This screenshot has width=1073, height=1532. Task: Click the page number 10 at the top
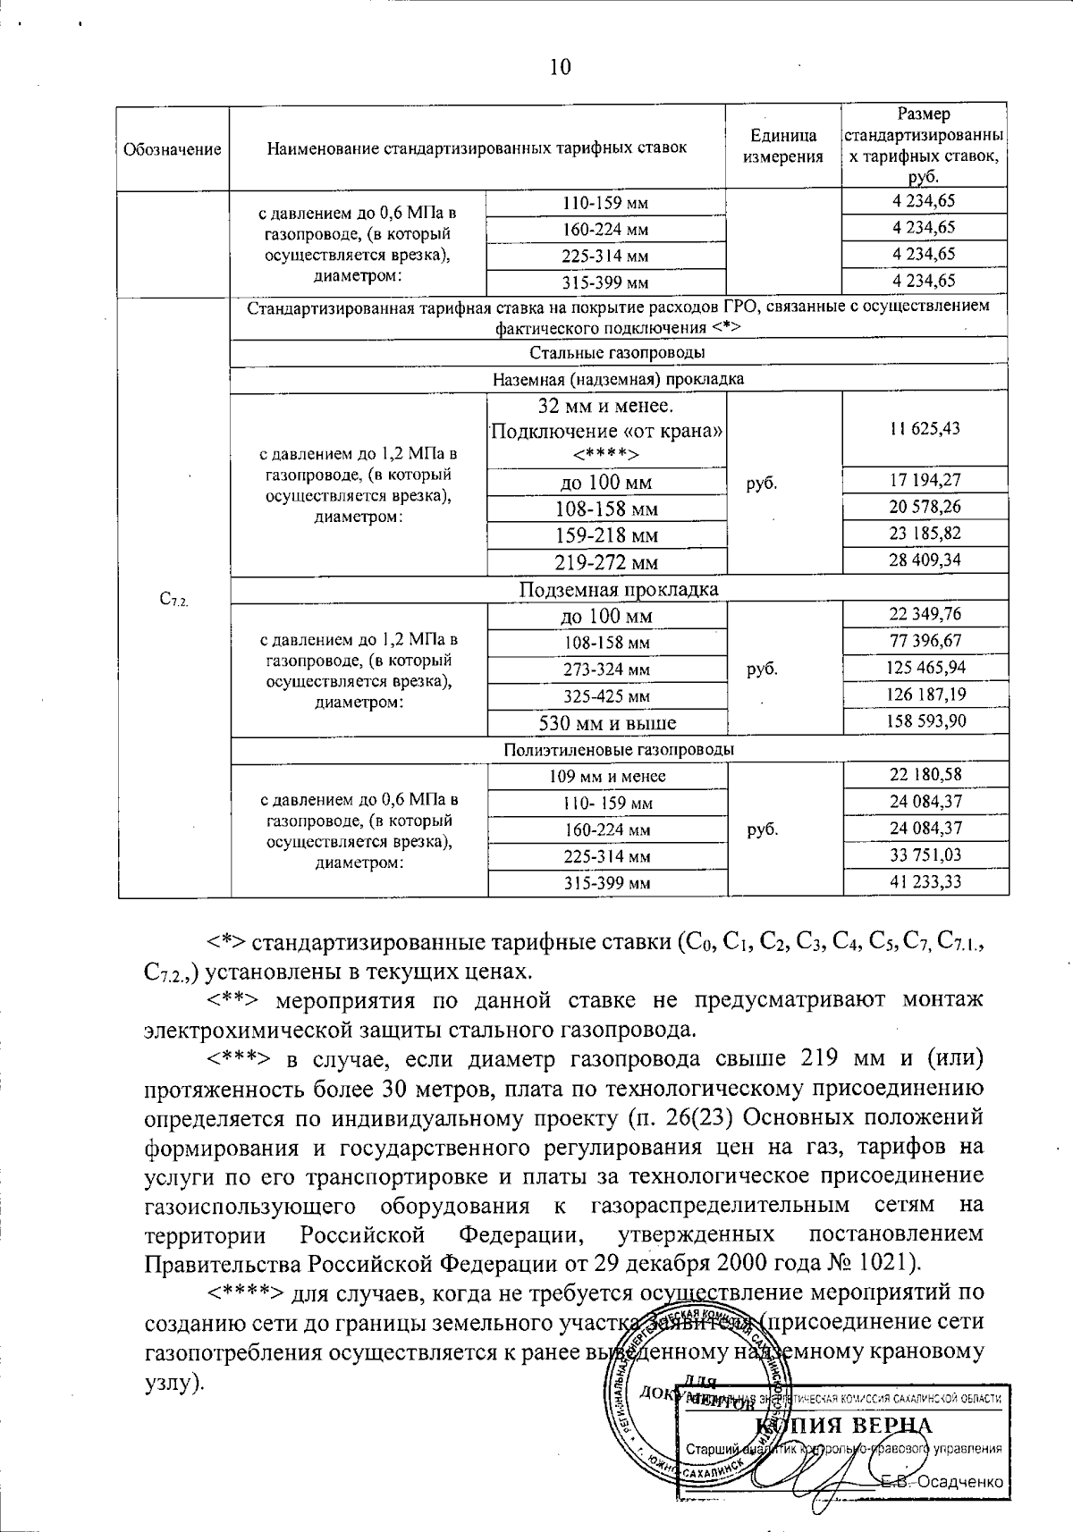(560, 67)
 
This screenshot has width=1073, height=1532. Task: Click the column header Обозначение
(172, 149)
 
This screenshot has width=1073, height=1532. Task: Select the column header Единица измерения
(783, 147)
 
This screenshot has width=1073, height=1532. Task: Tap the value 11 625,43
(925, 428)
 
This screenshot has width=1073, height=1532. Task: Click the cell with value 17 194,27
(925, 482)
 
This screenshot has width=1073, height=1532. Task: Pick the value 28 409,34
(925, 560)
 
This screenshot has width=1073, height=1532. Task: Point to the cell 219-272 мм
(607, 562)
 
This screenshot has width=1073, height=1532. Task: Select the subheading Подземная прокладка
(619, 589)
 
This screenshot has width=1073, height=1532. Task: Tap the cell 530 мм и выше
(607, 722)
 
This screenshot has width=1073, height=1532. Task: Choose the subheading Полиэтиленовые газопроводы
(619, 749)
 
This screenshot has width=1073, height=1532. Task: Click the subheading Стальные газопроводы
(619, 352)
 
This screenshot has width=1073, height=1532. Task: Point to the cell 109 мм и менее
(607, 776)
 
